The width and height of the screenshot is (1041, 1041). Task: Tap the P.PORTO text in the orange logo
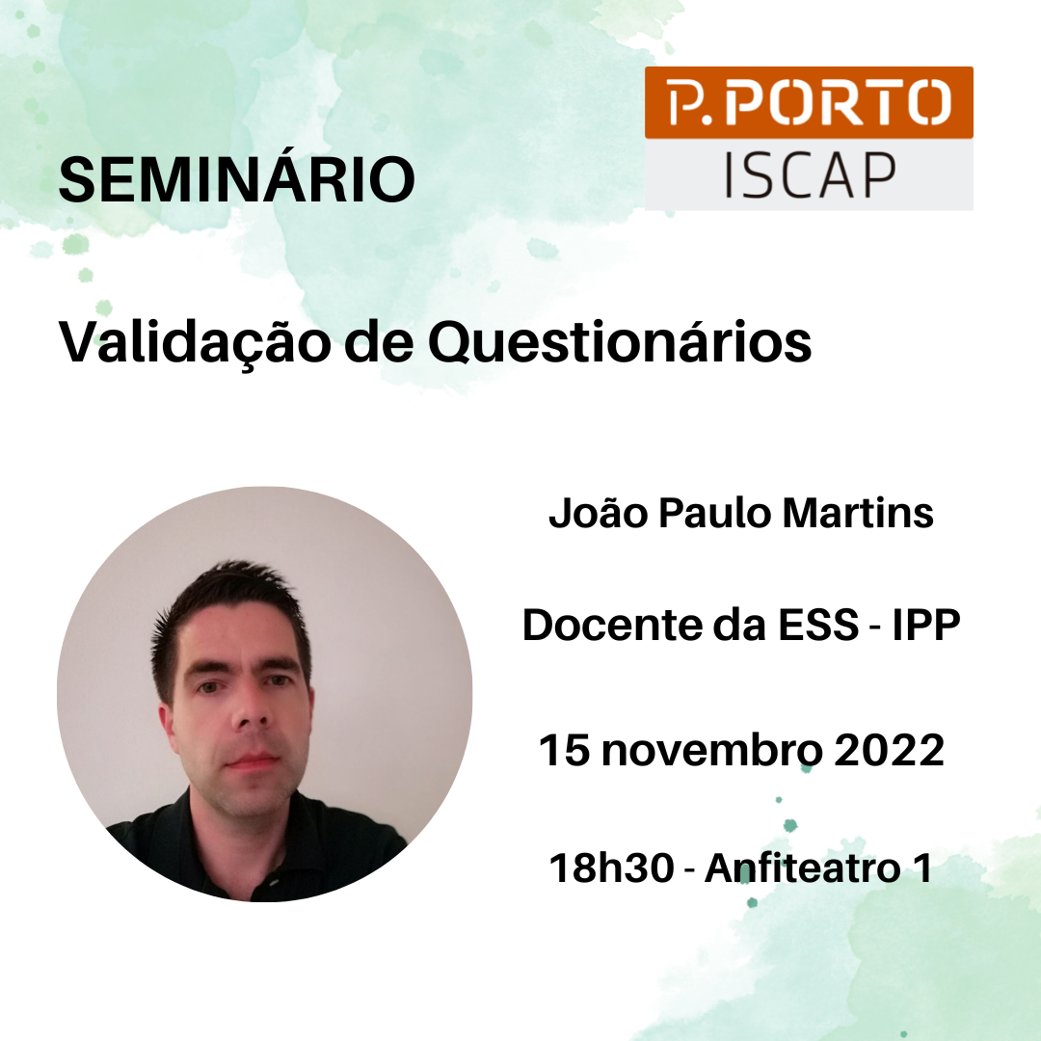[810, 102]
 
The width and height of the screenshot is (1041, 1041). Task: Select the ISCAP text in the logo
[810, 174]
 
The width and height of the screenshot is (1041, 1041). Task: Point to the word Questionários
[620, 343]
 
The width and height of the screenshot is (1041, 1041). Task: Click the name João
[598, 513]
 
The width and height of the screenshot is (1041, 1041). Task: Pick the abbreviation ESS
[818, 625]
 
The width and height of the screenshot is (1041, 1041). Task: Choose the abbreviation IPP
[925, 625]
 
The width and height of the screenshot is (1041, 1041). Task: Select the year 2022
[889, 750]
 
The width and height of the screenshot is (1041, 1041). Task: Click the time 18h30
[611, 867]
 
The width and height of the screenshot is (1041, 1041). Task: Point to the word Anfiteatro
[803, 867]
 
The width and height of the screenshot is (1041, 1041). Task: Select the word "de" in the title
[379, 343]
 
